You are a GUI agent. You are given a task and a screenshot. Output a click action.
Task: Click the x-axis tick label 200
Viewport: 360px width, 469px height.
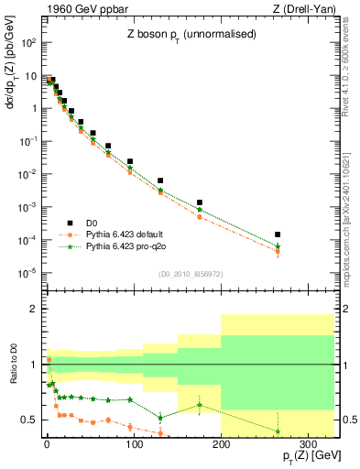pyautogui.click(x=221, y=445)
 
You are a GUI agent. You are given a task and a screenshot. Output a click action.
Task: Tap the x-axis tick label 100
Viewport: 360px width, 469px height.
pyautogui.click(x=134, y=445)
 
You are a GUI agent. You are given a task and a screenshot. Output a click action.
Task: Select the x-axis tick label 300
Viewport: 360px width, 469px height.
pyautogui.click(x=308, y=445)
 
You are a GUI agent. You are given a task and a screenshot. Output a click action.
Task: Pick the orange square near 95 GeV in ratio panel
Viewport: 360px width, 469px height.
pyautogui.click(x=130, y=426)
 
